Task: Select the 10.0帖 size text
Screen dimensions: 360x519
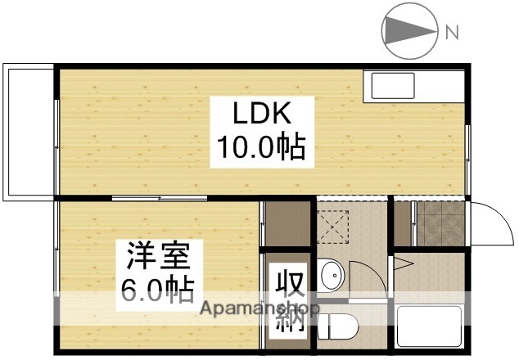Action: coord(260,147)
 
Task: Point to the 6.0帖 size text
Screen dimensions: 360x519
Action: coord(158,288)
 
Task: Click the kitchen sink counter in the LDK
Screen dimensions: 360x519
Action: coord(414,86)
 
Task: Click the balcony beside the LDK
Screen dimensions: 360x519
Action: coord(28,131)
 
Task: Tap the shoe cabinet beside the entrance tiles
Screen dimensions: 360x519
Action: coord(402,222)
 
